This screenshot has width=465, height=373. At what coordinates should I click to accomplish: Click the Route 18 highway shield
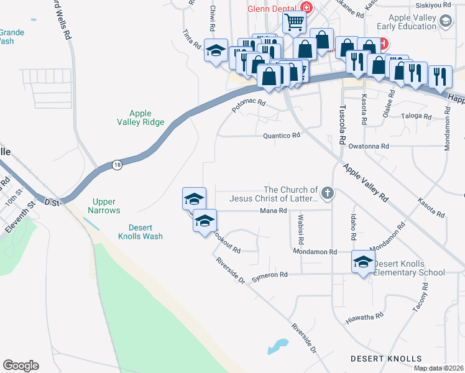117,165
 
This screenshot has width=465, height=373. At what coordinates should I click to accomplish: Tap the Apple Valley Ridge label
140,117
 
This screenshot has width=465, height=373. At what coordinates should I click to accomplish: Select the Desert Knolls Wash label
140,231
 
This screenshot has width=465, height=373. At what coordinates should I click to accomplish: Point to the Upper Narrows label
106,206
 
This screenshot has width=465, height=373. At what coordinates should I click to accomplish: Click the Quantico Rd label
282,135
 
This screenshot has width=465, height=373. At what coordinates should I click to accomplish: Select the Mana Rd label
273,211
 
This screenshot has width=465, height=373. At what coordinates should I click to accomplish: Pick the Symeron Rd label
270,275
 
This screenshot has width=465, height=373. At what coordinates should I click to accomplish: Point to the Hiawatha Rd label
364,318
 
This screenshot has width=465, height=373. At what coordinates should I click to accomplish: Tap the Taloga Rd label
416,116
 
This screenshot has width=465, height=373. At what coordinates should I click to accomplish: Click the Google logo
21,365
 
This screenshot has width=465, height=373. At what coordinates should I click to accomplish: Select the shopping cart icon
294,22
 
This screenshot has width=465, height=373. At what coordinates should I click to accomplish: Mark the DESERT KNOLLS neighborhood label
385,359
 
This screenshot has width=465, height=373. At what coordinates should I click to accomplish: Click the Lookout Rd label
226,242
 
